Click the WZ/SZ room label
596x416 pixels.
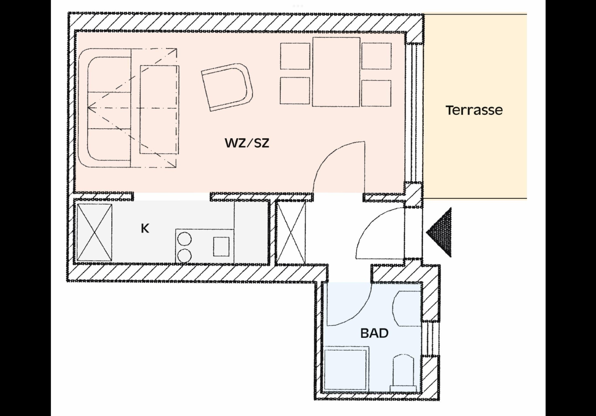[x=247, y=143]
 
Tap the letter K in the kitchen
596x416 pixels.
[x=145, y=229]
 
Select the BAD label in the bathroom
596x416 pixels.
[x=374, y=333]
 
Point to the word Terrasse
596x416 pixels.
[x=474, y=110]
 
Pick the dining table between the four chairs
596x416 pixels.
[x=336, y=72]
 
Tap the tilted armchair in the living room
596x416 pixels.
[x=227, y=87]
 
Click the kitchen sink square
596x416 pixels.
[x=221, y=246]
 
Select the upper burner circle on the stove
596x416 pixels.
[x=185, y=239]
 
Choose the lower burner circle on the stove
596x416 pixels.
[x=185, y=255]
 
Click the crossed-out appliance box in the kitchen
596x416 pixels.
[x=94, y=232]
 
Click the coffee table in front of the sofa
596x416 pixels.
[x=159, y=109]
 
